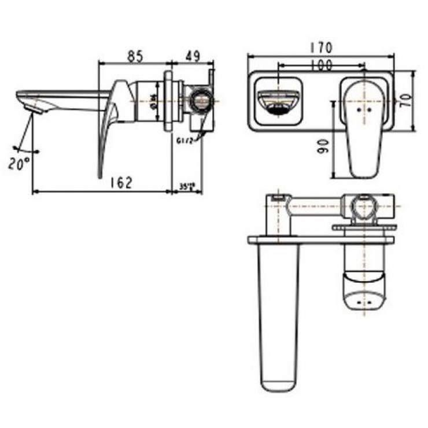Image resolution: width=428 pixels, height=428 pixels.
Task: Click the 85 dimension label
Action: tap(135, 56)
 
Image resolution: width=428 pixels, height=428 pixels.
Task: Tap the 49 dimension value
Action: tap(193, 56)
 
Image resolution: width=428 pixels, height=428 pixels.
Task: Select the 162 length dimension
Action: tap(121, 182)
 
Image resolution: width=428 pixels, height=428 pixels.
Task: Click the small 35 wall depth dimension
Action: tap(186, 186)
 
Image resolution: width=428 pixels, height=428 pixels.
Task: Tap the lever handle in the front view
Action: tap(363, 127)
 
